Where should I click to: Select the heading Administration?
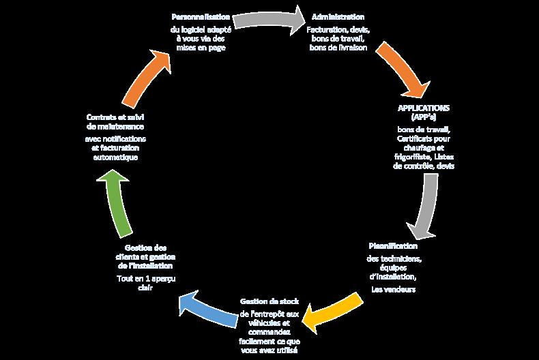[x=338, y=16]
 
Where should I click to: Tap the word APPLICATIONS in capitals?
[x=423, y=108]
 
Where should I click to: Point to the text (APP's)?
[x=423, y=117]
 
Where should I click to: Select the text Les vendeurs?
[x=393, y=289]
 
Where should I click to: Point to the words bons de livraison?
[x=338, y=48]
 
